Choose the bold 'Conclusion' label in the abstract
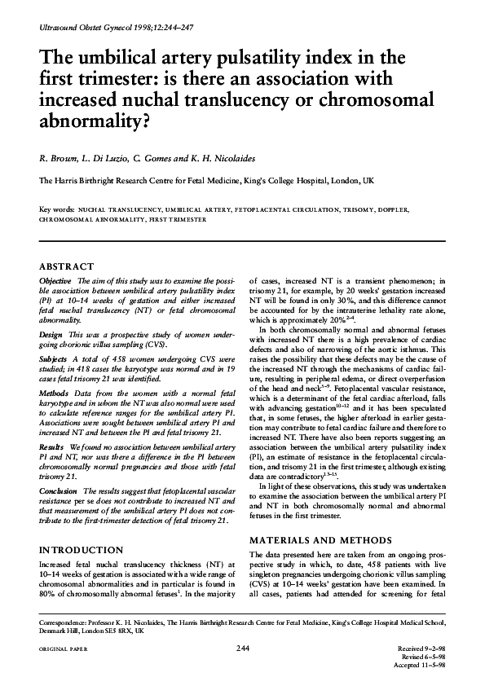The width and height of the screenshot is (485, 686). (59, 492)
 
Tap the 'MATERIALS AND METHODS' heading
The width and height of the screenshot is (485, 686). (319, 539)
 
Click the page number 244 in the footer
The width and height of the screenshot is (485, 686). (242, 648)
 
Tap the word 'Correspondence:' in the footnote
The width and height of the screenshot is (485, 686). (67, 621)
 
